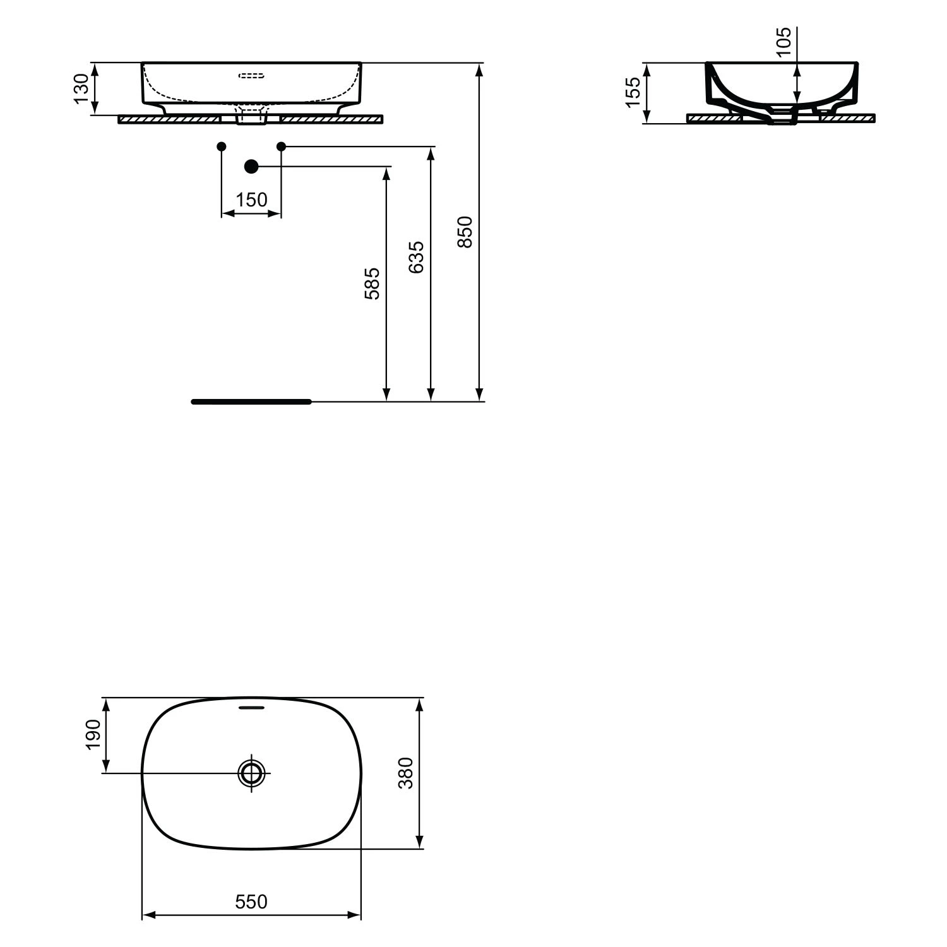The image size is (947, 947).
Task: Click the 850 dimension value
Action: click(465, 232)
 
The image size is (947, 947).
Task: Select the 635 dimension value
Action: click(416, 257)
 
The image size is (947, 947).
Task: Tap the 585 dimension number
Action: click(372, 283)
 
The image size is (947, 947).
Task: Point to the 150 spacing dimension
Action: click(251, 200)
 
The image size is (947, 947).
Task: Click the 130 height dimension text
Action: click(81, 88)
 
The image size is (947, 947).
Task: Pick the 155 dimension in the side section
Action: click(633, 92)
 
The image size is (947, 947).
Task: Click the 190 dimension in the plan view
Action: click(93, 734)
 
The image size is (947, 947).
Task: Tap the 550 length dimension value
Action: click(251, 902)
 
